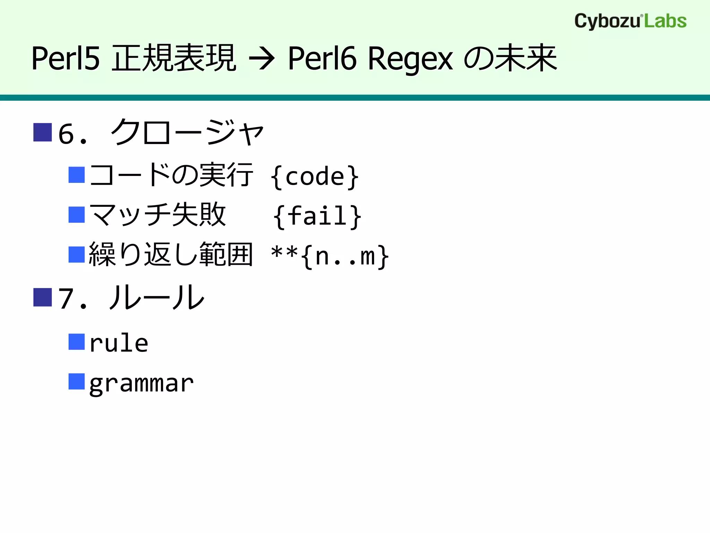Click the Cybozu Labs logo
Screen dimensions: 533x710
[x=630, y=21]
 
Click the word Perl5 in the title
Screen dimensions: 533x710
[x=66, y=59]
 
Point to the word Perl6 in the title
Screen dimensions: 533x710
[x=322, y=59]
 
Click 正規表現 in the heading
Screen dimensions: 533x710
[x=174, y=58]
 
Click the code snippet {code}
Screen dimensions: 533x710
[x=315, y=177]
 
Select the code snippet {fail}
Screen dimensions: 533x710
[x=317, y=217]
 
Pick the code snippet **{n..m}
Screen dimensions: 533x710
[x=330, y=256]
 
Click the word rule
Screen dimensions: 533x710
[x=119, y=343]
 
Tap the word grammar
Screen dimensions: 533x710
[x=141, y=384]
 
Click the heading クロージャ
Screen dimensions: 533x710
[x=187, y=133]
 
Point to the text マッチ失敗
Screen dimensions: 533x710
[x=158, y=215]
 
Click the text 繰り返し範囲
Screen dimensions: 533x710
[x=171, y=255]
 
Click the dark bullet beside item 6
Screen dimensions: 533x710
[x=43, y=132]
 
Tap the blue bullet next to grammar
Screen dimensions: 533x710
[x=77, y=381]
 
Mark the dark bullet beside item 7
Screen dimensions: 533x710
[x=43, y=297]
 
